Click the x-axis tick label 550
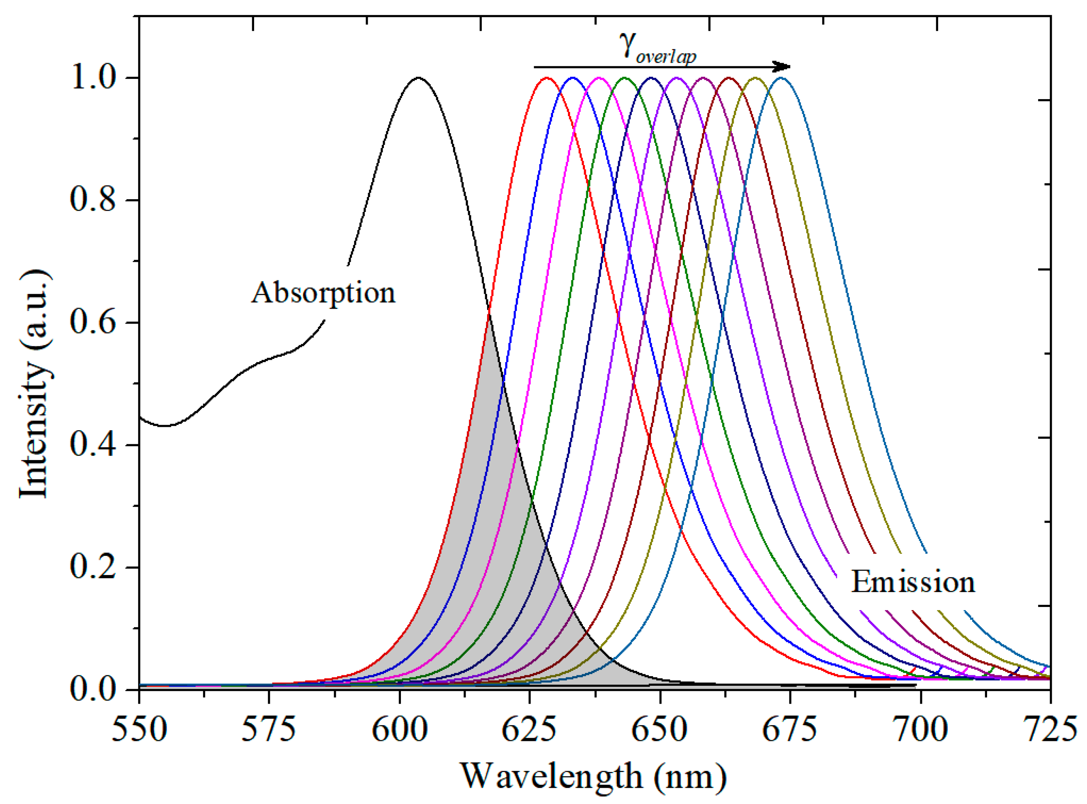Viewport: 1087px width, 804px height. click(x=139, y=730)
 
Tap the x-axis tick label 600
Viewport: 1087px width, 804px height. click(x=400, y=730)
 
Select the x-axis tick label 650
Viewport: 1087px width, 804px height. click(x=660, y=730)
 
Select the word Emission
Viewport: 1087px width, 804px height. click(x=913, y=582)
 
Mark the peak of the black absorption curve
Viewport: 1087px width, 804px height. click(x=418, y=78)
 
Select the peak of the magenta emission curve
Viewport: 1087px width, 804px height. click(x=599, y=78)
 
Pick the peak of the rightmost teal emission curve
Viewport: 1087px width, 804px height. click(x=781, y=78)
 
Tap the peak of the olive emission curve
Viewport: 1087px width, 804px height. click(x=755, y=78)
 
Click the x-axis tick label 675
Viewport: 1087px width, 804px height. click(x=790, y=730)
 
